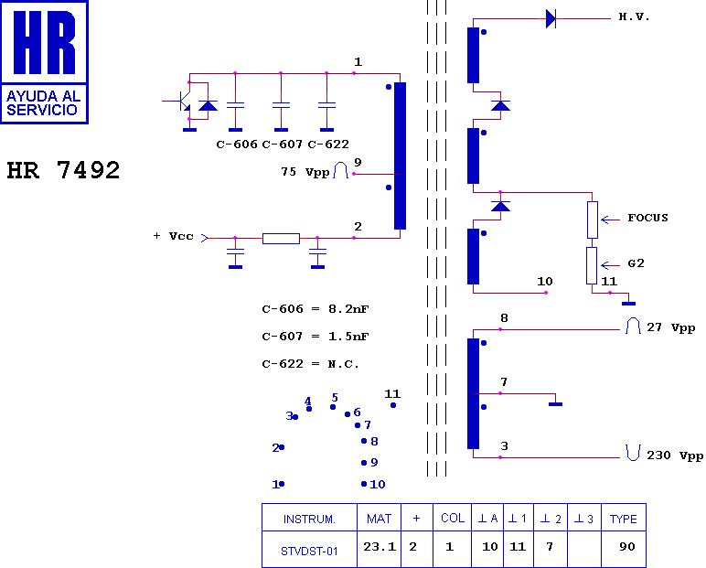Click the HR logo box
pos(45,61)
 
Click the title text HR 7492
pos(63,171)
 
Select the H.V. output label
pos(634,17)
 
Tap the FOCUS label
pos(647,219)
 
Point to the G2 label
pos(636,263)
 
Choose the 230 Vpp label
pos(675,455)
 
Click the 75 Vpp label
pos(305,171)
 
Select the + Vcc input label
pos(173,236)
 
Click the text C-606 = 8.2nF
pos(316,309)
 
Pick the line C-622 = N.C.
pos(310,364)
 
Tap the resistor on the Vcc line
pos(281,239)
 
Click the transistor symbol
pos(184,101)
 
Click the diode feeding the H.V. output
pos(551,18)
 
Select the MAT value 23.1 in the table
pos(379,547)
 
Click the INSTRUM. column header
pos(309,519)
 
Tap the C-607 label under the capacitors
pos(281,145)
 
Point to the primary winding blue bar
pos(400,155)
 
